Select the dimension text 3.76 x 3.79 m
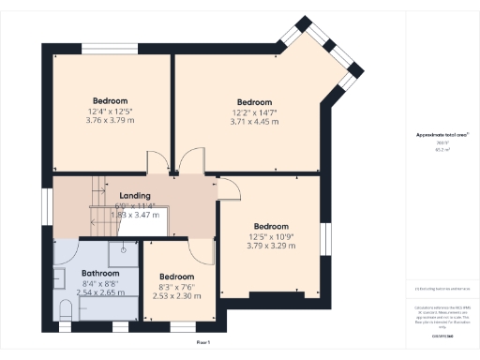point(110,120)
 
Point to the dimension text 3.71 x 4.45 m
point(254,122)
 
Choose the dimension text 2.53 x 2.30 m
point(176,296)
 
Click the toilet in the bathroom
point(65,310)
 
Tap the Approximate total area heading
point(442,135)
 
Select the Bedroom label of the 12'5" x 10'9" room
point(270,226)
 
